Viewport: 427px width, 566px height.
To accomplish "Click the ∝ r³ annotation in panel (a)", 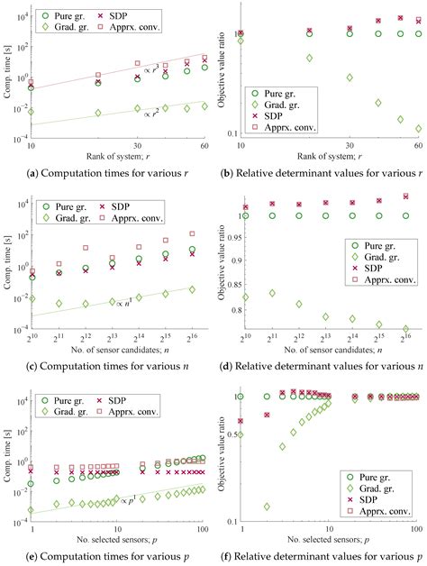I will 152,68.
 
